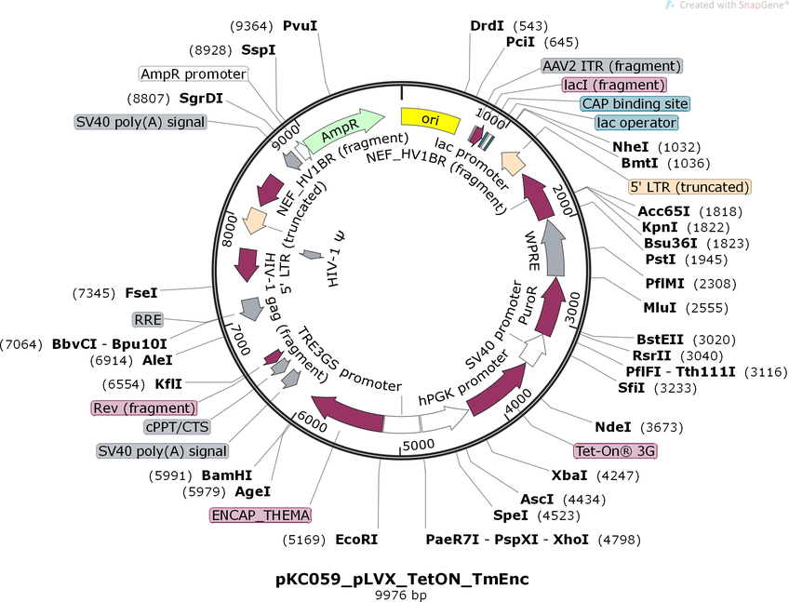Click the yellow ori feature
coord(430,120)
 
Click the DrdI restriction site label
coord(487,25)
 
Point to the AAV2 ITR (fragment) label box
coord(611,66)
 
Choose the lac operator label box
coord(636,123)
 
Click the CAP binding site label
coord(635,104)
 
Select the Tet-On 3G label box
coord(615,451)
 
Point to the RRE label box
coord(148,320)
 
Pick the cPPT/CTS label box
coord(175,427)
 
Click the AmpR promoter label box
coord(194,74)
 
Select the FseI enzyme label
coord(142,293)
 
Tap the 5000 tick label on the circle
coord(418,446)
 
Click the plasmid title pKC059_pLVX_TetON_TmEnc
coord(402,578)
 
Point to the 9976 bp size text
coord(401,594)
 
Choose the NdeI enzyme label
coord(613,427)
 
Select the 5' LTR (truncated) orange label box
coord(689,186)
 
